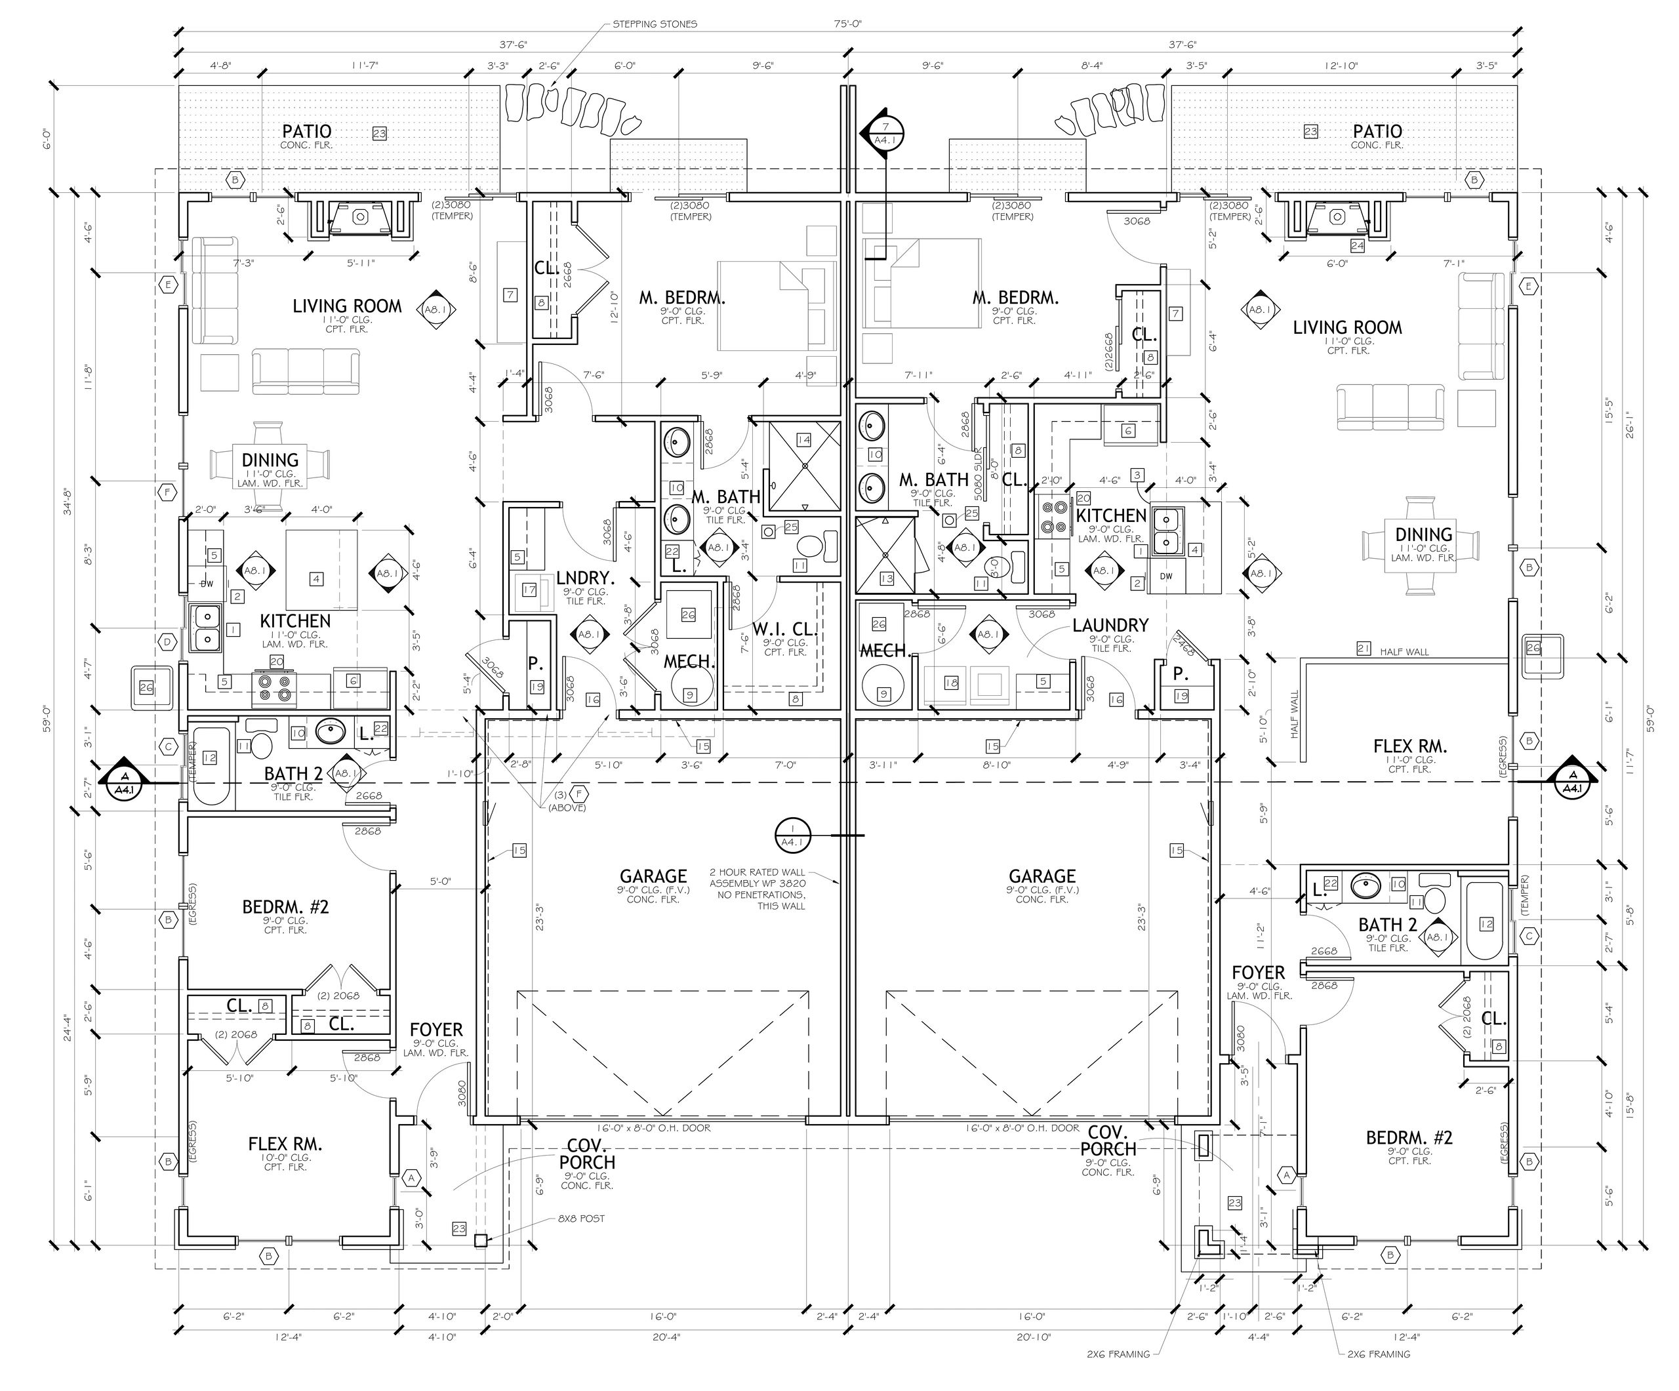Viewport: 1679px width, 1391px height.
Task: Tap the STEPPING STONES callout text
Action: point(654,24)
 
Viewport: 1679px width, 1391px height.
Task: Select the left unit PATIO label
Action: point(306,131)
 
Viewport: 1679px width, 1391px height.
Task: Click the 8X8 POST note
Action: point(581,1219)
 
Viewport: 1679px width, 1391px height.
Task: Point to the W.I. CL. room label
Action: point(784,629)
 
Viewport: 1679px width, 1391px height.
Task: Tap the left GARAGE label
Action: point(653,876)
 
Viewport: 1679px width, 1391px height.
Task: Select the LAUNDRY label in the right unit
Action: point(1110,625)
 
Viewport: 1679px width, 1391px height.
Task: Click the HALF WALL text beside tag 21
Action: point(1404,651)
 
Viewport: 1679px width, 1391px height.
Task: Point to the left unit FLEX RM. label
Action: point(285,1145)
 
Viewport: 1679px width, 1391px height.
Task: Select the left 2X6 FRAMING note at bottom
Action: point(1118,1354)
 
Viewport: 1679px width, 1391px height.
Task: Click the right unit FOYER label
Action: point(1258,973)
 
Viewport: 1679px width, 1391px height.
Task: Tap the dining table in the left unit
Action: point(270,464)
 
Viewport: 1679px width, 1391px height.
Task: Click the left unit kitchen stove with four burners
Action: point(274,689)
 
